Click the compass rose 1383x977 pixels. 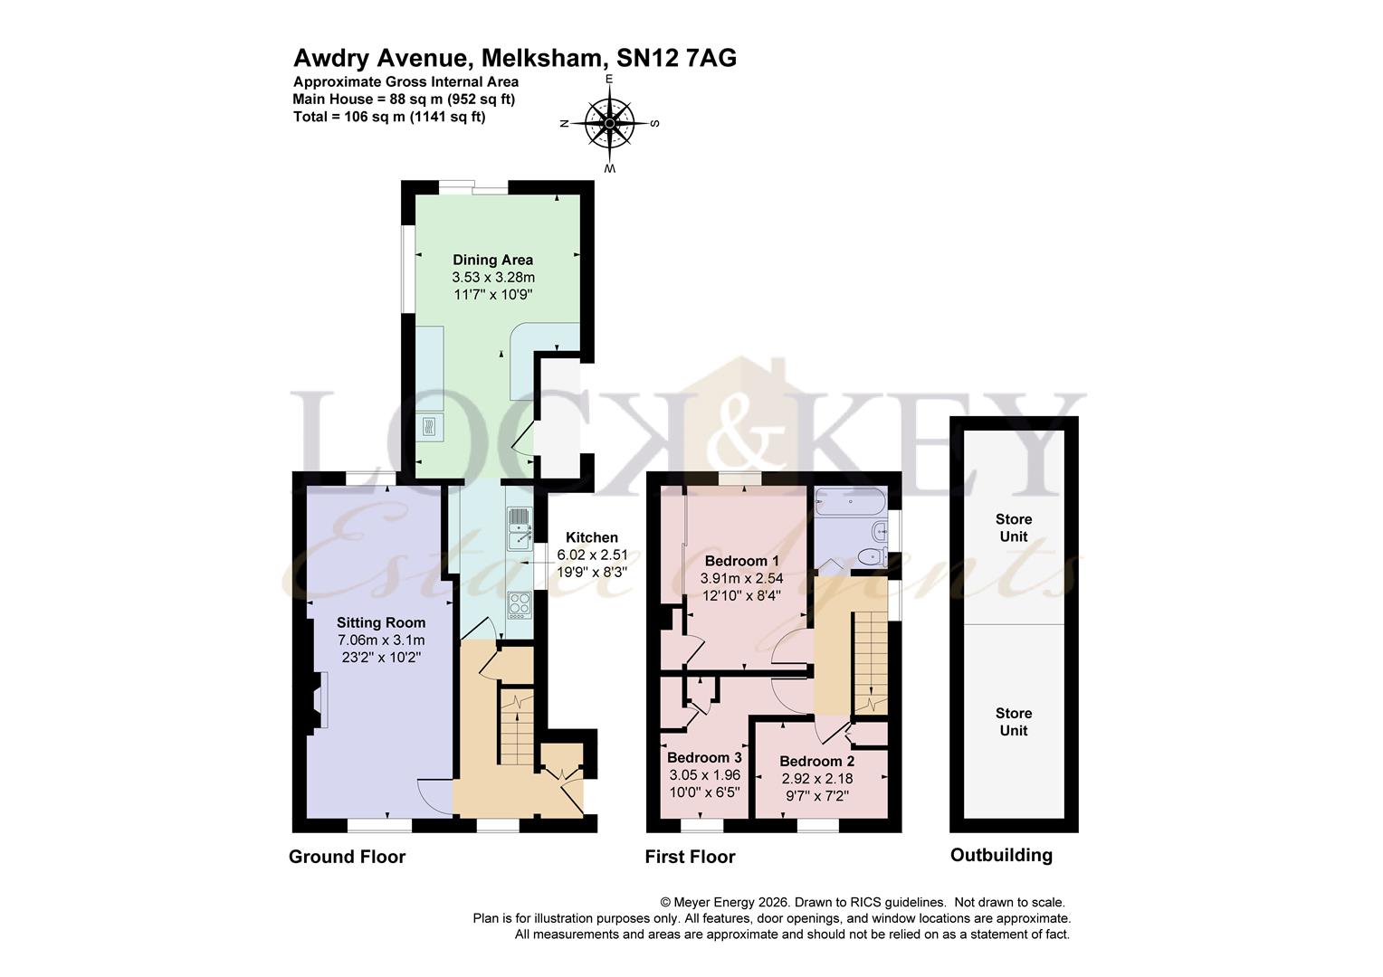pos(609,124)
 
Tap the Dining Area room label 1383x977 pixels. pos(492,261)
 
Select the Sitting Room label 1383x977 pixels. pos(380,622)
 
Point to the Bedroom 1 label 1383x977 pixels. pos(740,561)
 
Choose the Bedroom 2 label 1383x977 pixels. pos(816,762)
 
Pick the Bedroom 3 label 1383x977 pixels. pos(704,758)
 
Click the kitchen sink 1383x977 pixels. pos(519,528)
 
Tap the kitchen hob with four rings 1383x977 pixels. pos(520,603)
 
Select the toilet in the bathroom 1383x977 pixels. pos(873,555)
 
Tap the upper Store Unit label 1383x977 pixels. pos(1013,527)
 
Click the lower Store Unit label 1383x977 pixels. pos(1013,722)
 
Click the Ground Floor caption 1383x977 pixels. pos(347,857)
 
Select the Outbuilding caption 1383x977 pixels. pos(1001,855)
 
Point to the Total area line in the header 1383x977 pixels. pos(389,117)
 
